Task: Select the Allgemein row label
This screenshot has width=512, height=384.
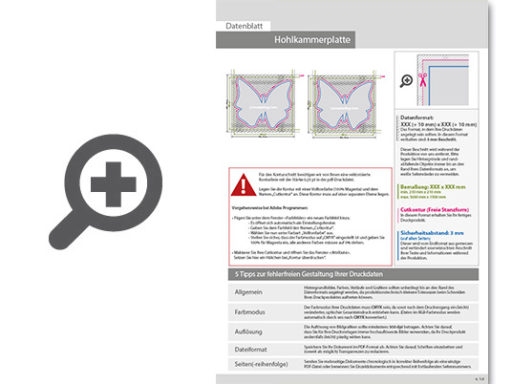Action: click(242, 293)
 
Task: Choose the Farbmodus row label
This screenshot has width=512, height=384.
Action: click(242, 312)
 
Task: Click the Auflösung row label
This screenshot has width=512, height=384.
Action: click(242, 331)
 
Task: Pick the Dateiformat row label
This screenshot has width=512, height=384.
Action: click(242, 351)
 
